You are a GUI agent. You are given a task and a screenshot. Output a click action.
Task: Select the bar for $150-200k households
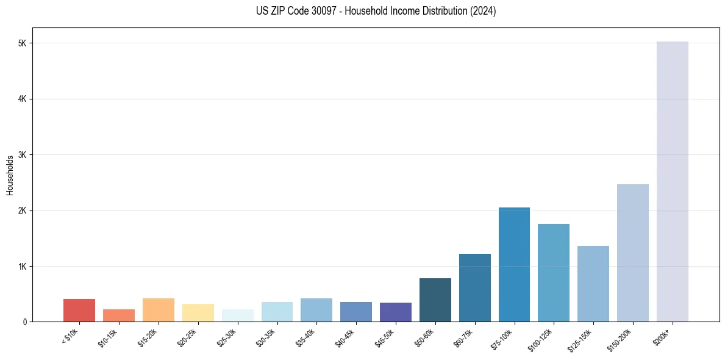[x=632, y=253]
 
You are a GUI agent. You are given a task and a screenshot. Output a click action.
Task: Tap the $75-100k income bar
[x=514, y=264]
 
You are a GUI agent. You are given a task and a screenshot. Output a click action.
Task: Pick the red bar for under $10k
[x=79, y=310]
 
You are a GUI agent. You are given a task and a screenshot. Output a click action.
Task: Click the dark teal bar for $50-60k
[x=435, y=300]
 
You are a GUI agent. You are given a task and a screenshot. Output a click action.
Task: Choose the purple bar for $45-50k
[x=396, y=312]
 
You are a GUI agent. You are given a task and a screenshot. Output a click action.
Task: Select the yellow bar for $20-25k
[x=198, y=312]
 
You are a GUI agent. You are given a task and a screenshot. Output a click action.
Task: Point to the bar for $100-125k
[x=554, y=273]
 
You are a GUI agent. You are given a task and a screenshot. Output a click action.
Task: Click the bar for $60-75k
[x=474, y=287]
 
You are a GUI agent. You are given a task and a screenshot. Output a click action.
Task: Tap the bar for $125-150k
[x=593, y=284]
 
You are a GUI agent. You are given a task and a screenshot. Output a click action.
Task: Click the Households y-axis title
[x=10, y=175]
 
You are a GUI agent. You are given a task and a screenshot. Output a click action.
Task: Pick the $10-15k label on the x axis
[x=107, y=337]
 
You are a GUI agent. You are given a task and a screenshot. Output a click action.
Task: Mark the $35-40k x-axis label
[x=305, y=337]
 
